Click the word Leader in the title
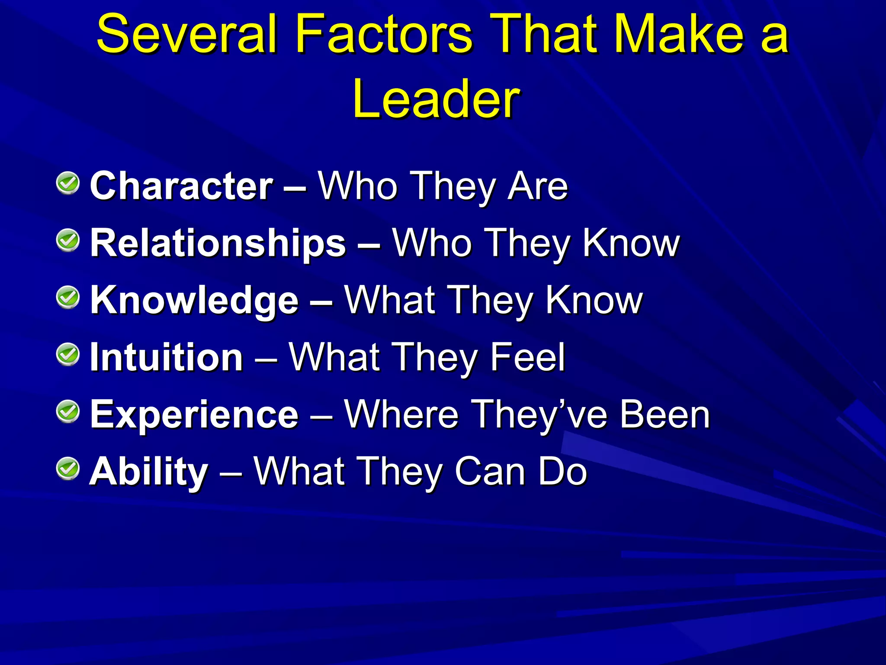click(436, 99)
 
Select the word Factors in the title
click(384, 34)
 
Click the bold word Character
click(182, 186)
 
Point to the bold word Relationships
click(218, 243)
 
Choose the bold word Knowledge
click(194, 300)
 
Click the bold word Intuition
click(167, 358)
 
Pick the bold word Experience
click(194, 415)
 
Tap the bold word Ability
click(149, 472)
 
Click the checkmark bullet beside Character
click(68, 183)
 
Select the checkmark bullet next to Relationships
click(68, 240)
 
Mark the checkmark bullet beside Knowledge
click(68, 297)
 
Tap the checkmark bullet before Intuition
click(68, 355)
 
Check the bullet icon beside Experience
click(68, 412)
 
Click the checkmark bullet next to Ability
click(68, 469)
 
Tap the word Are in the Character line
click(538, 186)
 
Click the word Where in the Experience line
click(401, 415)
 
